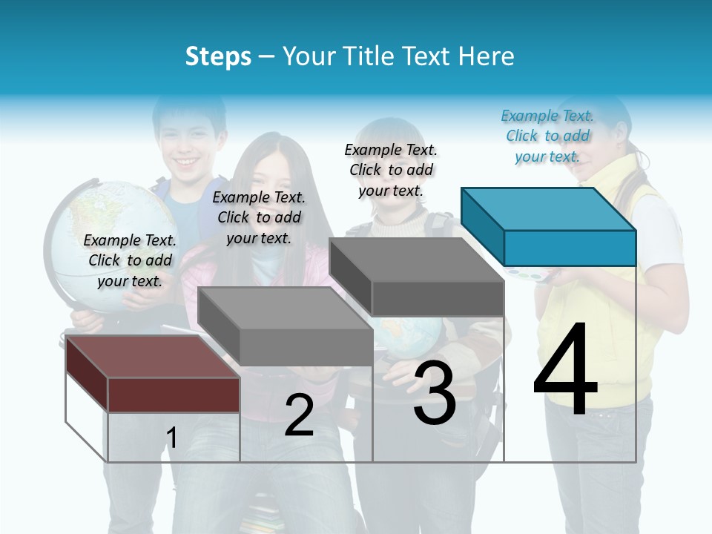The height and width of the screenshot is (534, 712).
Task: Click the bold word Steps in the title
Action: (x=218, y=56)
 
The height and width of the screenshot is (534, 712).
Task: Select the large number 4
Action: (x=565, y=369)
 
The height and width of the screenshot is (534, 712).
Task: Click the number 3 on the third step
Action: (x=435, y=395)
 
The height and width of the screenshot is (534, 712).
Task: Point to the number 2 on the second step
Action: (x=299, y=415)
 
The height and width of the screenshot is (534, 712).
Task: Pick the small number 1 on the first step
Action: (x=172, y=438)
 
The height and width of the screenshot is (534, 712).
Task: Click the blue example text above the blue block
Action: (x=547, y=136)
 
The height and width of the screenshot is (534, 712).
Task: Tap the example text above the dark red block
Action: (x=130, y=260)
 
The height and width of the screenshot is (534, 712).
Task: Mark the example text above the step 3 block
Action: (x=391, y=170)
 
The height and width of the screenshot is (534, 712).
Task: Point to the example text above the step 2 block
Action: (x=259, y=217)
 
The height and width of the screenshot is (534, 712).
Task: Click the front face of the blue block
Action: (x=570, y=248)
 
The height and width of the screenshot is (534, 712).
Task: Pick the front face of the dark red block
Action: (x=174, y=395)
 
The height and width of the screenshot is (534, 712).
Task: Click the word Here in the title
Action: (x=487, y=56)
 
